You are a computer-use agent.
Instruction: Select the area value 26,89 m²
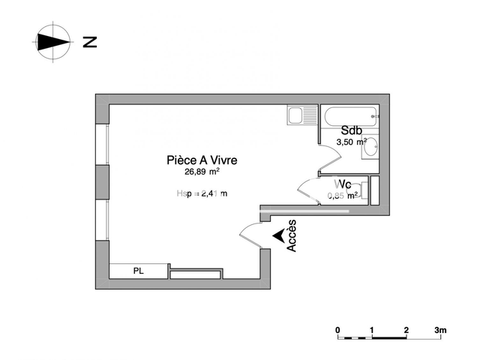coord(202,171)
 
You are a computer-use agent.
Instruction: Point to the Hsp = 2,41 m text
coord(202,193)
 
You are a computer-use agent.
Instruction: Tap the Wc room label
coord(343,184)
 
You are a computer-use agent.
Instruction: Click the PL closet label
coord(139,271)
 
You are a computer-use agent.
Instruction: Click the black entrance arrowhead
coord(278,235)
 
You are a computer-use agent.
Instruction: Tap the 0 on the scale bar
coord(338,330)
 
